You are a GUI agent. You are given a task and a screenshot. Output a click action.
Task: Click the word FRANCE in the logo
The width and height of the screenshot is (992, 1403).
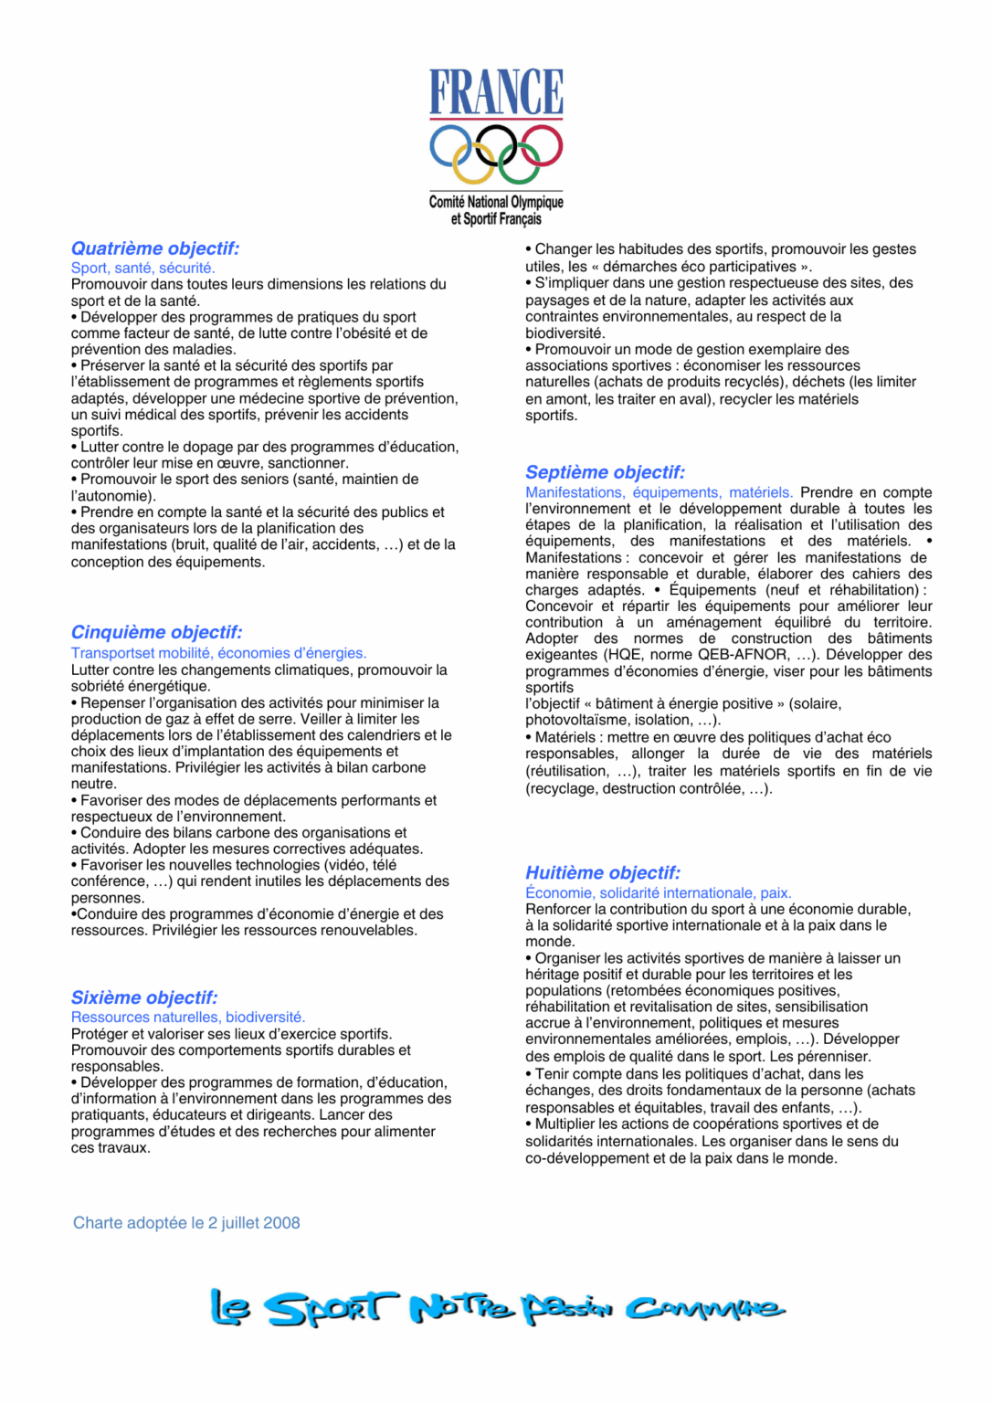(x=496, y=91)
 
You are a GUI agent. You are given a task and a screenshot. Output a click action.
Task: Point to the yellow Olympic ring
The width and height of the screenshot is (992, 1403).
(x=474, y=164)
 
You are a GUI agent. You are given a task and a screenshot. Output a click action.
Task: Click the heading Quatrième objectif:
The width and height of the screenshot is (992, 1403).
(x=155, y=248)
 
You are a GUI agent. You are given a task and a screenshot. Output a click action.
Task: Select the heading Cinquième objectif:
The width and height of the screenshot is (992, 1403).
(x=157, y=632)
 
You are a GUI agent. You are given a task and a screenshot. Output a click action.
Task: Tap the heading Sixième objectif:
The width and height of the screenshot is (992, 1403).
(x=144, y=997)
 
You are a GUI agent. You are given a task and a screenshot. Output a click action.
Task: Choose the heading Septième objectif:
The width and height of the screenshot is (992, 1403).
(x=605, y=472)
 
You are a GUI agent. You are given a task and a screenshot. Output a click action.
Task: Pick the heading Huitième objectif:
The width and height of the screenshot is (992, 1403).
(x=603, y=872)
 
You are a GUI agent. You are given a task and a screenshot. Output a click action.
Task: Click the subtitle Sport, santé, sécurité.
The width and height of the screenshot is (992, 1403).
(x=143, y=268)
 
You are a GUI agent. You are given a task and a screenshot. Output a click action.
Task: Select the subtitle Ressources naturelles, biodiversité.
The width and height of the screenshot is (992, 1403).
(x=188, y=1017)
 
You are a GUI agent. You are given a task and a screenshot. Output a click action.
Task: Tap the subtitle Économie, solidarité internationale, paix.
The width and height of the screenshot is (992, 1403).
(x=658, y=892)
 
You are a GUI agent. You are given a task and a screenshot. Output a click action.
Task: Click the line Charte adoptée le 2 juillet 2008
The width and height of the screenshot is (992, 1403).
(x=186, y=1223)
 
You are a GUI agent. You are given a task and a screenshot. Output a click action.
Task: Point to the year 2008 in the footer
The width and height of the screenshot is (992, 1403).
(x=281, y=1223)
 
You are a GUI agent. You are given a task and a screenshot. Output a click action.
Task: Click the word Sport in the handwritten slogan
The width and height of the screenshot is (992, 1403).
(x=332, y=1309)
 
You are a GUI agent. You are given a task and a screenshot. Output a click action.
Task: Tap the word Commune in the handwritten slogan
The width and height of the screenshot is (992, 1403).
(x=704, y=1309)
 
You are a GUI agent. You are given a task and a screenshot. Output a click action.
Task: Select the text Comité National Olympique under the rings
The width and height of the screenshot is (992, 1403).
(x=496, y=202)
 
